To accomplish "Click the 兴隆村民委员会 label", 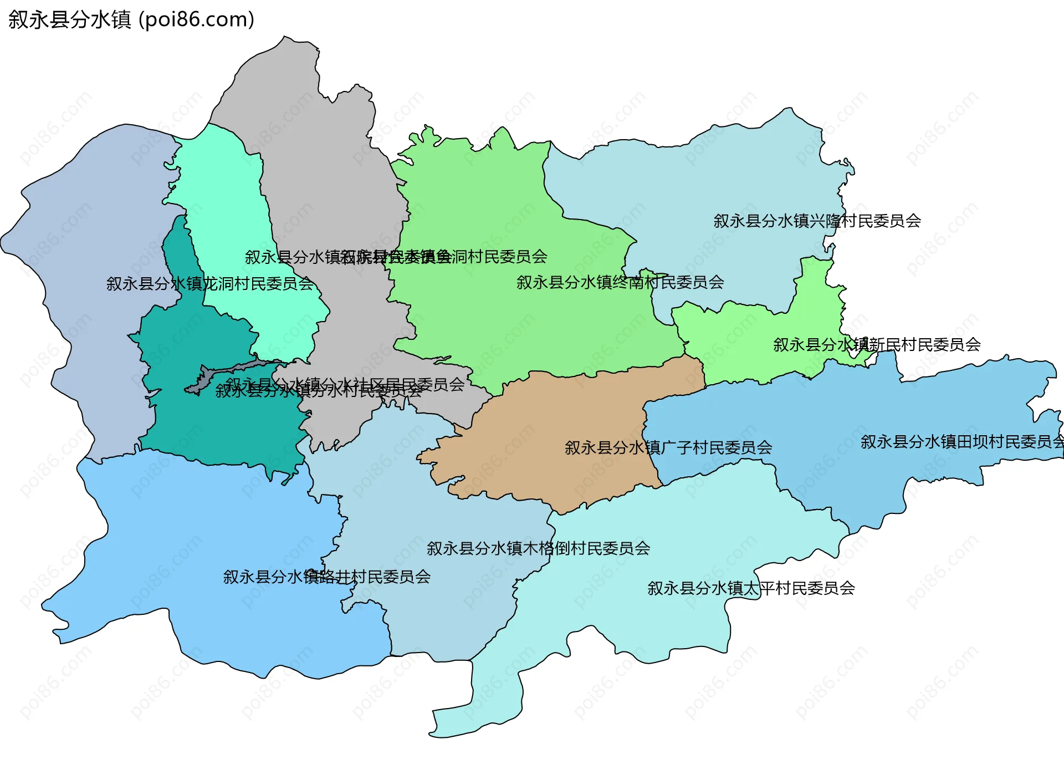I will [817, 221].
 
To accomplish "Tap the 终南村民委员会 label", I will [620, 283].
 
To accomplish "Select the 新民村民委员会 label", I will [877, 345].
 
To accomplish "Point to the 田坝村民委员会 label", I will [962, 442].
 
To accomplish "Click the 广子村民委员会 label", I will [668, 447].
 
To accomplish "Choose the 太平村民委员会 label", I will [751, 588].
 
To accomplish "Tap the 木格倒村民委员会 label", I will [538, 548].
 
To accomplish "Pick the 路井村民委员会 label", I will [327, 577].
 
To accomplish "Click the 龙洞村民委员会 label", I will [210, 284].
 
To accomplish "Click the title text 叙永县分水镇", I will [70, 19].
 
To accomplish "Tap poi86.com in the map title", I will [197, 19].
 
